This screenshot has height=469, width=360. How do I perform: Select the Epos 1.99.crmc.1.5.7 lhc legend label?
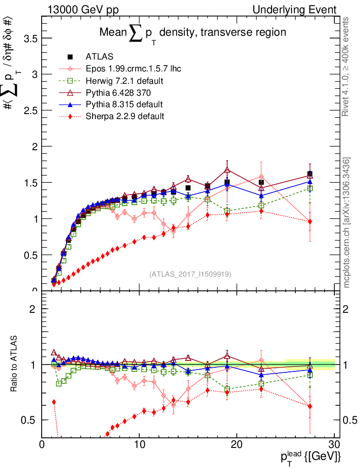point(133,69)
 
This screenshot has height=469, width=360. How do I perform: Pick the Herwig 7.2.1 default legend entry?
point(125,81)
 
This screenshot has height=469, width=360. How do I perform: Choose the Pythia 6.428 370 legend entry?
point(120,93)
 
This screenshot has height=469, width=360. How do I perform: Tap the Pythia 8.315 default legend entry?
point(124,104)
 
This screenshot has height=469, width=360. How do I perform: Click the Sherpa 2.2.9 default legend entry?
point(125,116)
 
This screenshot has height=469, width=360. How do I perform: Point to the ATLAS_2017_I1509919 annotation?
point(190,274)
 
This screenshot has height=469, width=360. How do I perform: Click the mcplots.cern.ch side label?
point(347,223)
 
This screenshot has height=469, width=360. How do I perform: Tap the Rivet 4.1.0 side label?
point(347,66)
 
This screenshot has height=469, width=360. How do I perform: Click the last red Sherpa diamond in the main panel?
point(310,222)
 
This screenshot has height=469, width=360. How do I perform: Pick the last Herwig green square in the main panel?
point(310,188)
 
